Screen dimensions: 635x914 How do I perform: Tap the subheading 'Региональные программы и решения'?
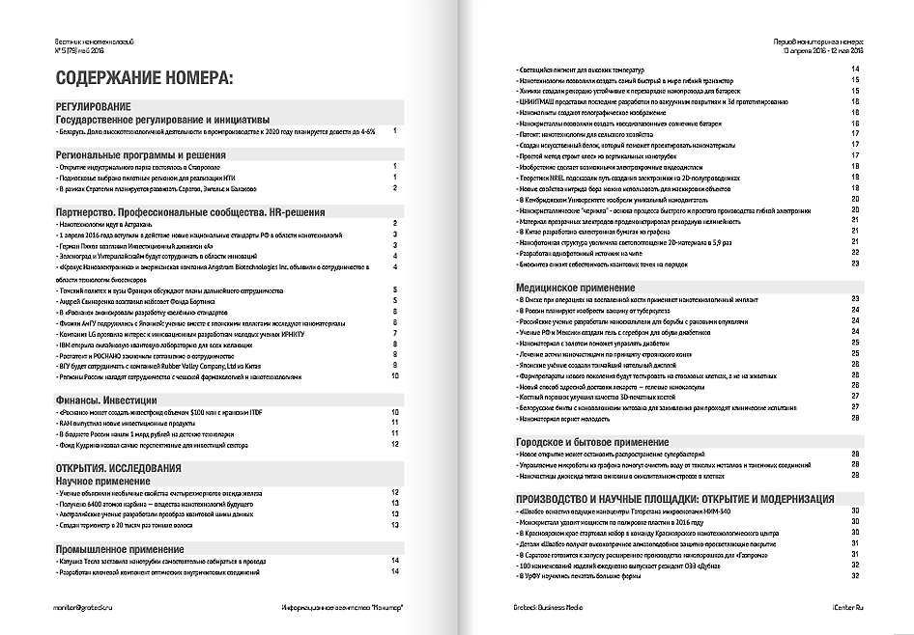click(141, 153)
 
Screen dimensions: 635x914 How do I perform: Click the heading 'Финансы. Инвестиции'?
click(107, 397)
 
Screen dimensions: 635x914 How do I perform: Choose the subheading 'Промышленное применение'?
click(119, 548)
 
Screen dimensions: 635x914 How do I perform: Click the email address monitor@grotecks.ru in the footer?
click(90, 606)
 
